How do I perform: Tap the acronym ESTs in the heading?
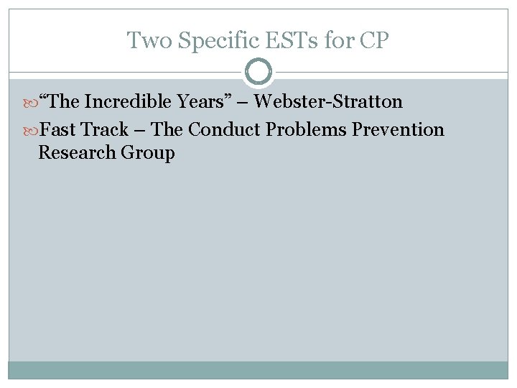tap(295, 40)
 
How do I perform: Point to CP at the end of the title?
tap(374, 40)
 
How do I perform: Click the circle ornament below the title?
tap(258, 72)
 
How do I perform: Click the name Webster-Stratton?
tap(328, 102)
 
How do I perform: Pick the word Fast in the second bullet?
tap(57, 130)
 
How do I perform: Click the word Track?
tap(104, 130)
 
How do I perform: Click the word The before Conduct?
tap(167, 130)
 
